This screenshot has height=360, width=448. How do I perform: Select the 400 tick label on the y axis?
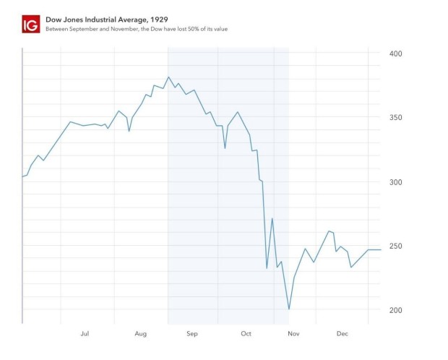(x=395, y=54)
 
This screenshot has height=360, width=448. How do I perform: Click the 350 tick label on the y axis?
(x=395, y=118)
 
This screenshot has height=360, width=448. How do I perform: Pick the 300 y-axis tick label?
(x=395, y=182)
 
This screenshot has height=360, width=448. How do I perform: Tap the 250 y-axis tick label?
(x=395, y=247)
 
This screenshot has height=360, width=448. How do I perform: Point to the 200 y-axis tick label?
(x=395, y=310)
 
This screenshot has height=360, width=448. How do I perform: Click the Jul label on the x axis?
(x=85, y=334)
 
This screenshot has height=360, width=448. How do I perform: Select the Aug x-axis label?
(x=140, y=334)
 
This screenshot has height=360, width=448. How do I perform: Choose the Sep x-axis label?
(x=192, y=334)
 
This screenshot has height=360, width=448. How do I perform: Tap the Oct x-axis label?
(x=246, y=334)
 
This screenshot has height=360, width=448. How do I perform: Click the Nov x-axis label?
(x=294, y=334)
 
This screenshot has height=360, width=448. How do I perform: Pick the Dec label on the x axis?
(x=343, y=334)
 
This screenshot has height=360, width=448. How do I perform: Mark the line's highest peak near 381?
(x=168, y=77)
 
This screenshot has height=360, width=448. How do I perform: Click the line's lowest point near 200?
(x=289, y=309)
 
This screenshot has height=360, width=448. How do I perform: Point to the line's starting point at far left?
(x=22, y=176)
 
